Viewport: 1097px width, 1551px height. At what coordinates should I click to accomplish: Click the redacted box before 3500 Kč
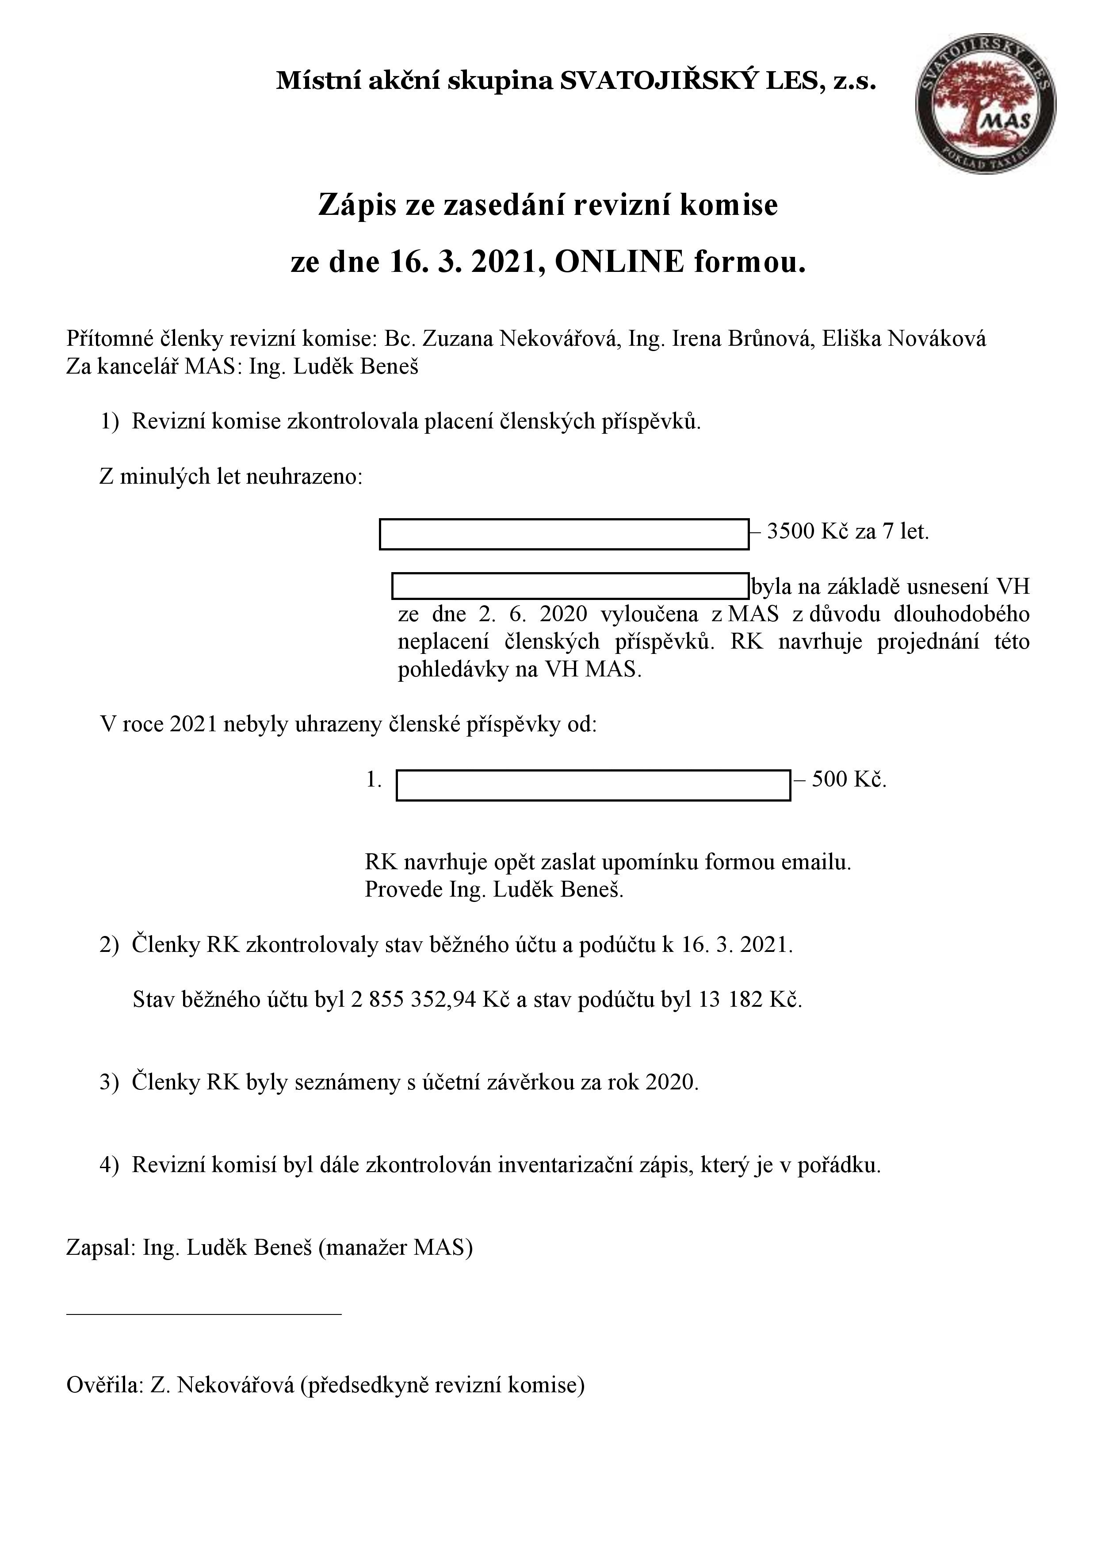(x=564, y=534)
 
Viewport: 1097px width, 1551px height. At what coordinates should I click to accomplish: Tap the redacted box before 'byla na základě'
(x=571, y=586)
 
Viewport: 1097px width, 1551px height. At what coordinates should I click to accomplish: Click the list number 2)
(x=109, y=944)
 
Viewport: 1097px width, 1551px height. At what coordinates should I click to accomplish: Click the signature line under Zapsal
(x=204, y=1314)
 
